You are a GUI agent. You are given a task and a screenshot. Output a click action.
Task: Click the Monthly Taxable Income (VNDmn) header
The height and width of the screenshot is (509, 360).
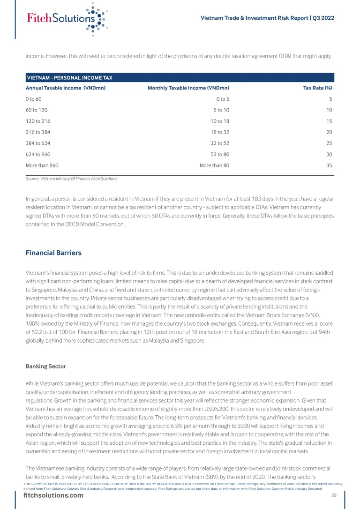tap(188, 88)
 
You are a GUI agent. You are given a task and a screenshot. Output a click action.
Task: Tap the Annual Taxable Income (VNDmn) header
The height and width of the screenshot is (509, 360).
tap(66, 88)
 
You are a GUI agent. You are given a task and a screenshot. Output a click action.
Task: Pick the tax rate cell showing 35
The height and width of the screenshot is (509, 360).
tap(329, 165)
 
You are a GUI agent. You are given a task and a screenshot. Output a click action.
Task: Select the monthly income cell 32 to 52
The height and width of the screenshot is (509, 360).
tap(220, 143)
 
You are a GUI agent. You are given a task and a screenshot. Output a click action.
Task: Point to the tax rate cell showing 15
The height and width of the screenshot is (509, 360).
tap(329, 121)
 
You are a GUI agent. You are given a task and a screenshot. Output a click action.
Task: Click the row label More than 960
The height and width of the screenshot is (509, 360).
tap(42, 165)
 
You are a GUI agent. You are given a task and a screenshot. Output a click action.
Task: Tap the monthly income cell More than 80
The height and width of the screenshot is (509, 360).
tap(214, 165)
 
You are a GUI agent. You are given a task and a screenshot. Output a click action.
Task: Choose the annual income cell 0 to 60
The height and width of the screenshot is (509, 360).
tap(34, 99)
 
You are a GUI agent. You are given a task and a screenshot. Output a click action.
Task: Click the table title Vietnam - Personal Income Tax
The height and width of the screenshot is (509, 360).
tap(70, 78)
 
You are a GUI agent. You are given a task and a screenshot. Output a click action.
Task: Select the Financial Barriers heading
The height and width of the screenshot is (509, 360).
tap(53, 253)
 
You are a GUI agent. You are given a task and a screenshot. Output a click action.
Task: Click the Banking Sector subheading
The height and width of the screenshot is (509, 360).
tap(45, 366)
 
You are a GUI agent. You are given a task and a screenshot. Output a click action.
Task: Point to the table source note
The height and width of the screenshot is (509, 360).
tap(71, 179)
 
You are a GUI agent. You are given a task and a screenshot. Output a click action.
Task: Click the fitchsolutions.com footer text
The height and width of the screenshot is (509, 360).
tap(53, 496)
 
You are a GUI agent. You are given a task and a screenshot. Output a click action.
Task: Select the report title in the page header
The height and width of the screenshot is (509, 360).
tap(267, 18)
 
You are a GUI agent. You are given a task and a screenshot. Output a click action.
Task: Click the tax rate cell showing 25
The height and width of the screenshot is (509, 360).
tap(329, 143)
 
